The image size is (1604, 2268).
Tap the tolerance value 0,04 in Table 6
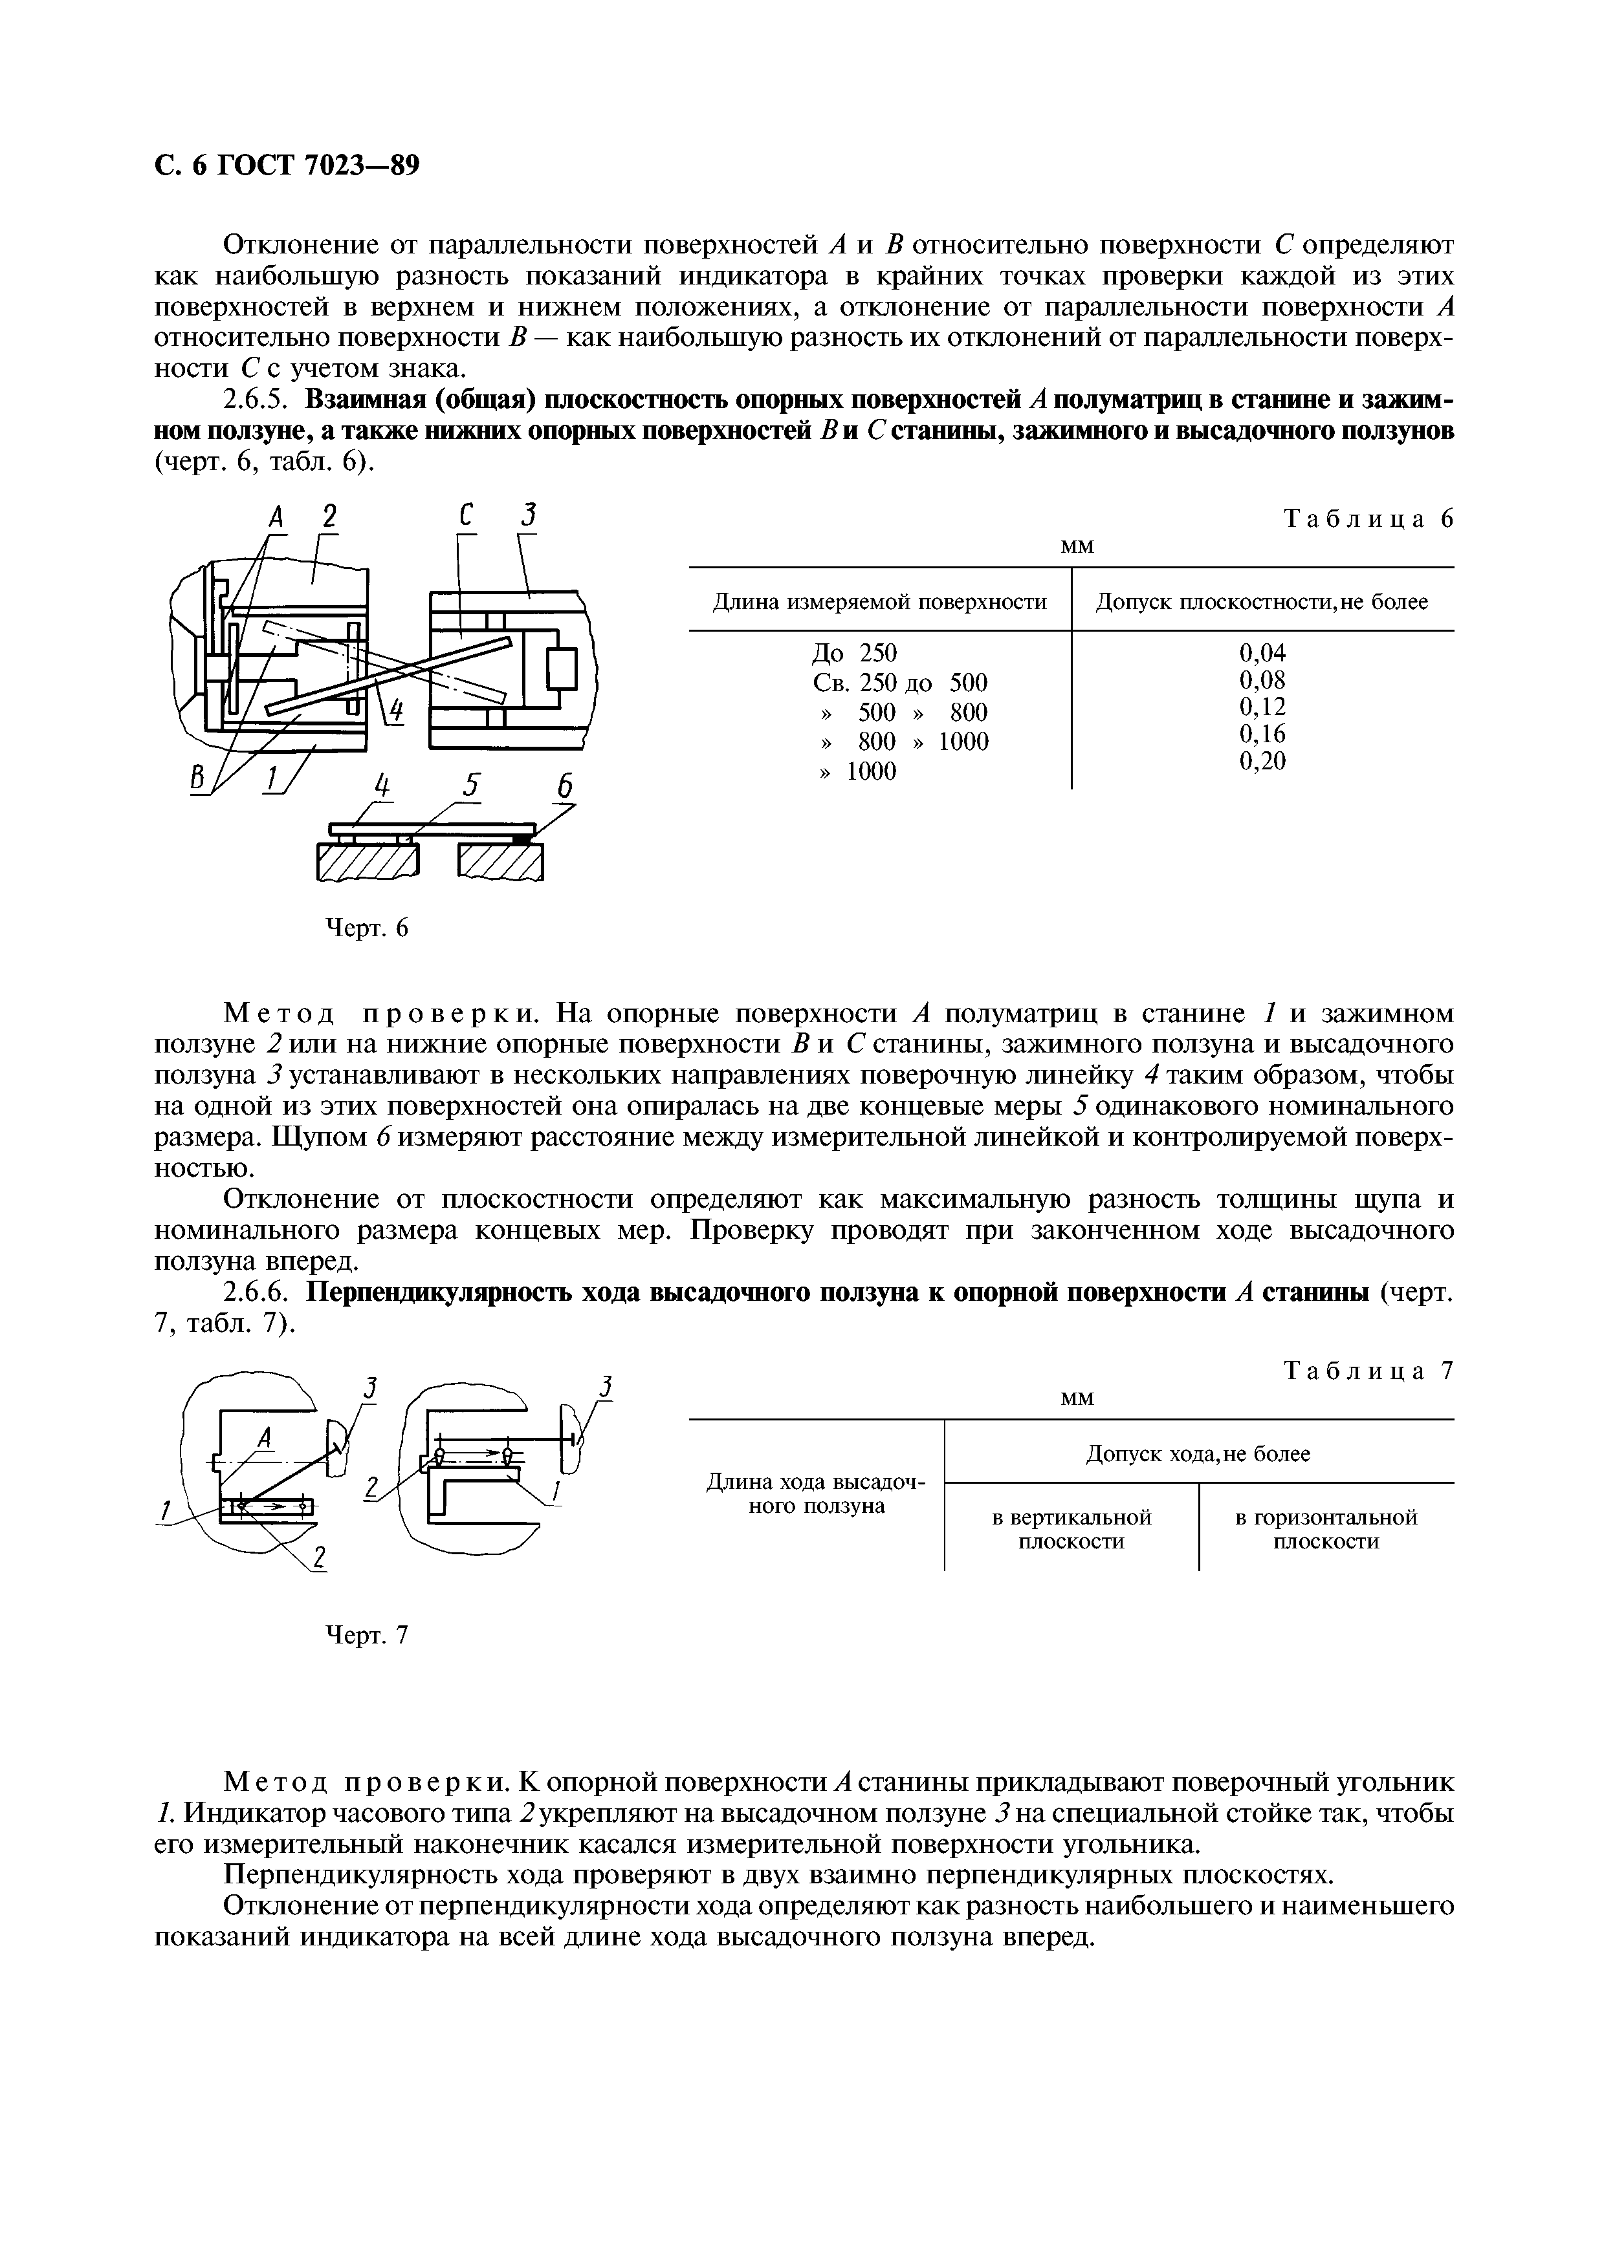pos(1262,652)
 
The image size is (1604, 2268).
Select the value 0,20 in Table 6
pos(1262,760)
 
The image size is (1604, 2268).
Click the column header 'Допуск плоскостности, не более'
pos(1262,601)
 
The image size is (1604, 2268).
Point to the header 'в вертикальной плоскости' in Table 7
pos(1071,1529)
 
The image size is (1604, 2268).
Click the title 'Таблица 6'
pos(1368,520)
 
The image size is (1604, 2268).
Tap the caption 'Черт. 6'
pos(367,928)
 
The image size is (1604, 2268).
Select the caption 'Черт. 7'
pos(367,1636)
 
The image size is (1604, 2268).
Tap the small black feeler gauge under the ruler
pos(522,839)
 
